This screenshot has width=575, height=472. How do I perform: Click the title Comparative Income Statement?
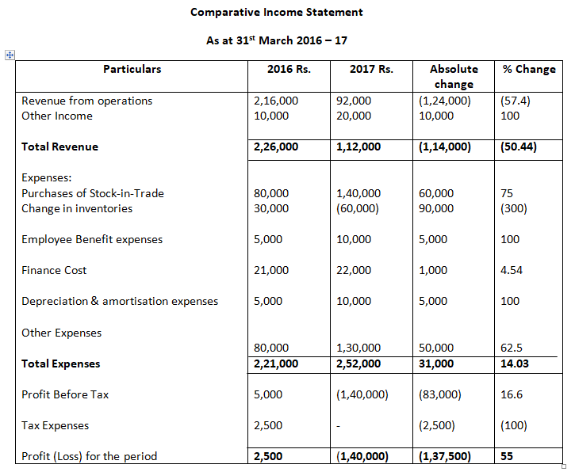pyautogui.click(x=277, y=13)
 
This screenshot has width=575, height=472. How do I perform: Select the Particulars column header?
pyautogui.click(x=132, y=69)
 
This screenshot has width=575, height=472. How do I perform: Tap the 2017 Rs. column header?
pyautogui.click(x=371, y=69)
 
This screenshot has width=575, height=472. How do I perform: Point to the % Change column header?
pyautogui.click(x=529, y=69)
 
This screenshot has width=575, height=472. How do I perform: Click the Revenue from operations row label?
pyautogui.click(x=87, y=101)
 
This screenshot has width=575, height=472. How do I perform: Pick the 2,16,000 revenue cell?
pyautogui.click(x=276, y=101)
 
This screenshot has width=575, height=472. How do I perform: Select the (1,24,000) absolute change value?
pyautogui.click(x=444, y=101)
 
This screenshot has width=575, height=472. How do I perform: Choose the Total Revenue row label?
pyautogui.click(x=60, y=147)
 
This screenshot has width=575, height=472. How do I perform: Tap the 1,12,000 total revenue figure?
pyautogui.click(x=358, y=147)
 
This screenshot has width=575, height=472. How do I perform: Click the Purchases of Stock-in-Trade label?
pyautogui.click(x=93, y=193)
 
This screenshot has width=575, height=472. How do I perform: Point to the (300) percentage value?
pyautogui.click(x=513, y=208)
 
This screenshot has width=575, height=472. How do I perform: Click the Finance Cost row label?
pyautogui.click(x=54, y=270)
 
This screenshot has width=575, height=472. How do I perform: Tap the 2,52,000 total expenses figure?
pyautogui.click(x=358, y=364)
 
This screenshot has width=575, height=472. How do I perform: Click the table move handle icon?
pyautogui.click(x=10, y=55)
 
